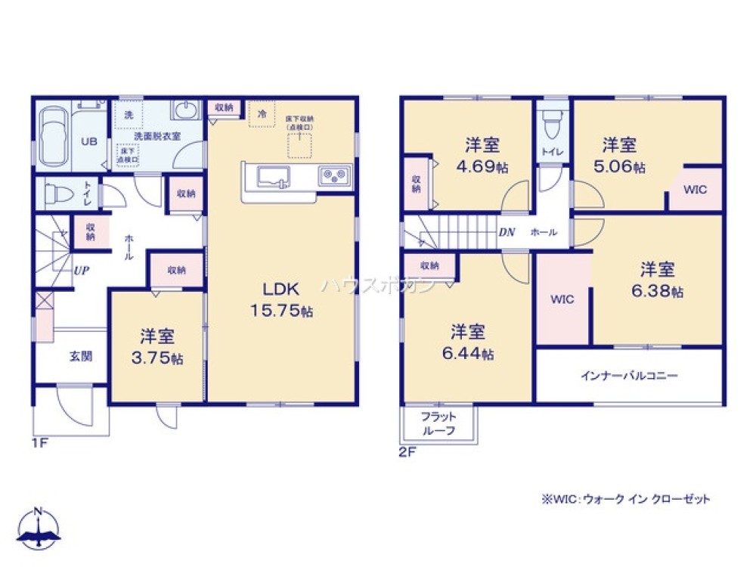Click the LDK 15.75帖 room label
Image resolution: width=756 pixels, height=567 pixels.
coord(281,299)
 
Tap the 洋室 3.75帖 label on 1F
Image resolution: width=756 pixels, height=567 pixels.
coord(157,346)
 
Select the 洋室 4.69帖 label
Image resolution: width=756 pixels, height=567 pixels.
coord(482,156)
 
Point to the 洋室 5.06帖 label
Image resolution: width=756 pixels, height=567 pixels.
coord(619,155)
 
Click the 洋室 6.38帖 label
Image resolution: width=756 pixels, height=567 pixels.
coord(657,280)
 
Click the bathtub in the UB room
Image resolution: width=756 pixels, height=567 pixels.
coord(52,136)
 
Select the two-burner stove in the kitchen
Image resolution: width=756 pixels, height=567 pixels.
coord(333,175)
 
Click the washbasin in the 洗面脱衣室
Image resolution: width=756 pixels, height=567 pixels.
coord(184,111)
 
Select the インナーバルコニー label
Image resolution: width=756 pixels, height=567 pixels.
coord(628,375)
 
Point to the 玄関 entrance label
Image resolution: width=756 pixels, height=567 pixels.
coord(81,355)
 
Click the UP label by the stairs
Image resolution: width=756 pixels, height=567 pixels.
coord(82,268)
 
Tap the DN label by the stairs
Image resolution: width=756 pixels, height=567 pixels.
coord(507,232)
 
